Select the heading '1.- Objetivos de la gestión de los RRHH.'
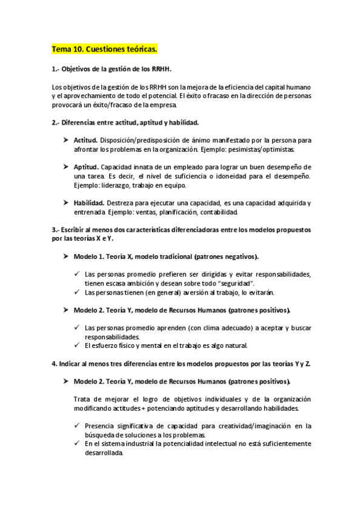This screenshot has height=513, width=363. [x=116, y=70]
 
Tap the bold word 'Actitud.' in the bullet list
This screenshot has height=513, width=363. [x=85, y=140]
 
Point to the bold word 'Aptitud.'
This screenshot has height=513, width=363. [x=86, y=166]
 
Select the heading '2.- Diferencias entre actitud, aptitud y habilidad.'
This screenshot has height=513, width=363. [x=125, y=122]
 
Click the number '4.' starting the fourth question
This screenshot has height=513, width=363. [x=54, y=364]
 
